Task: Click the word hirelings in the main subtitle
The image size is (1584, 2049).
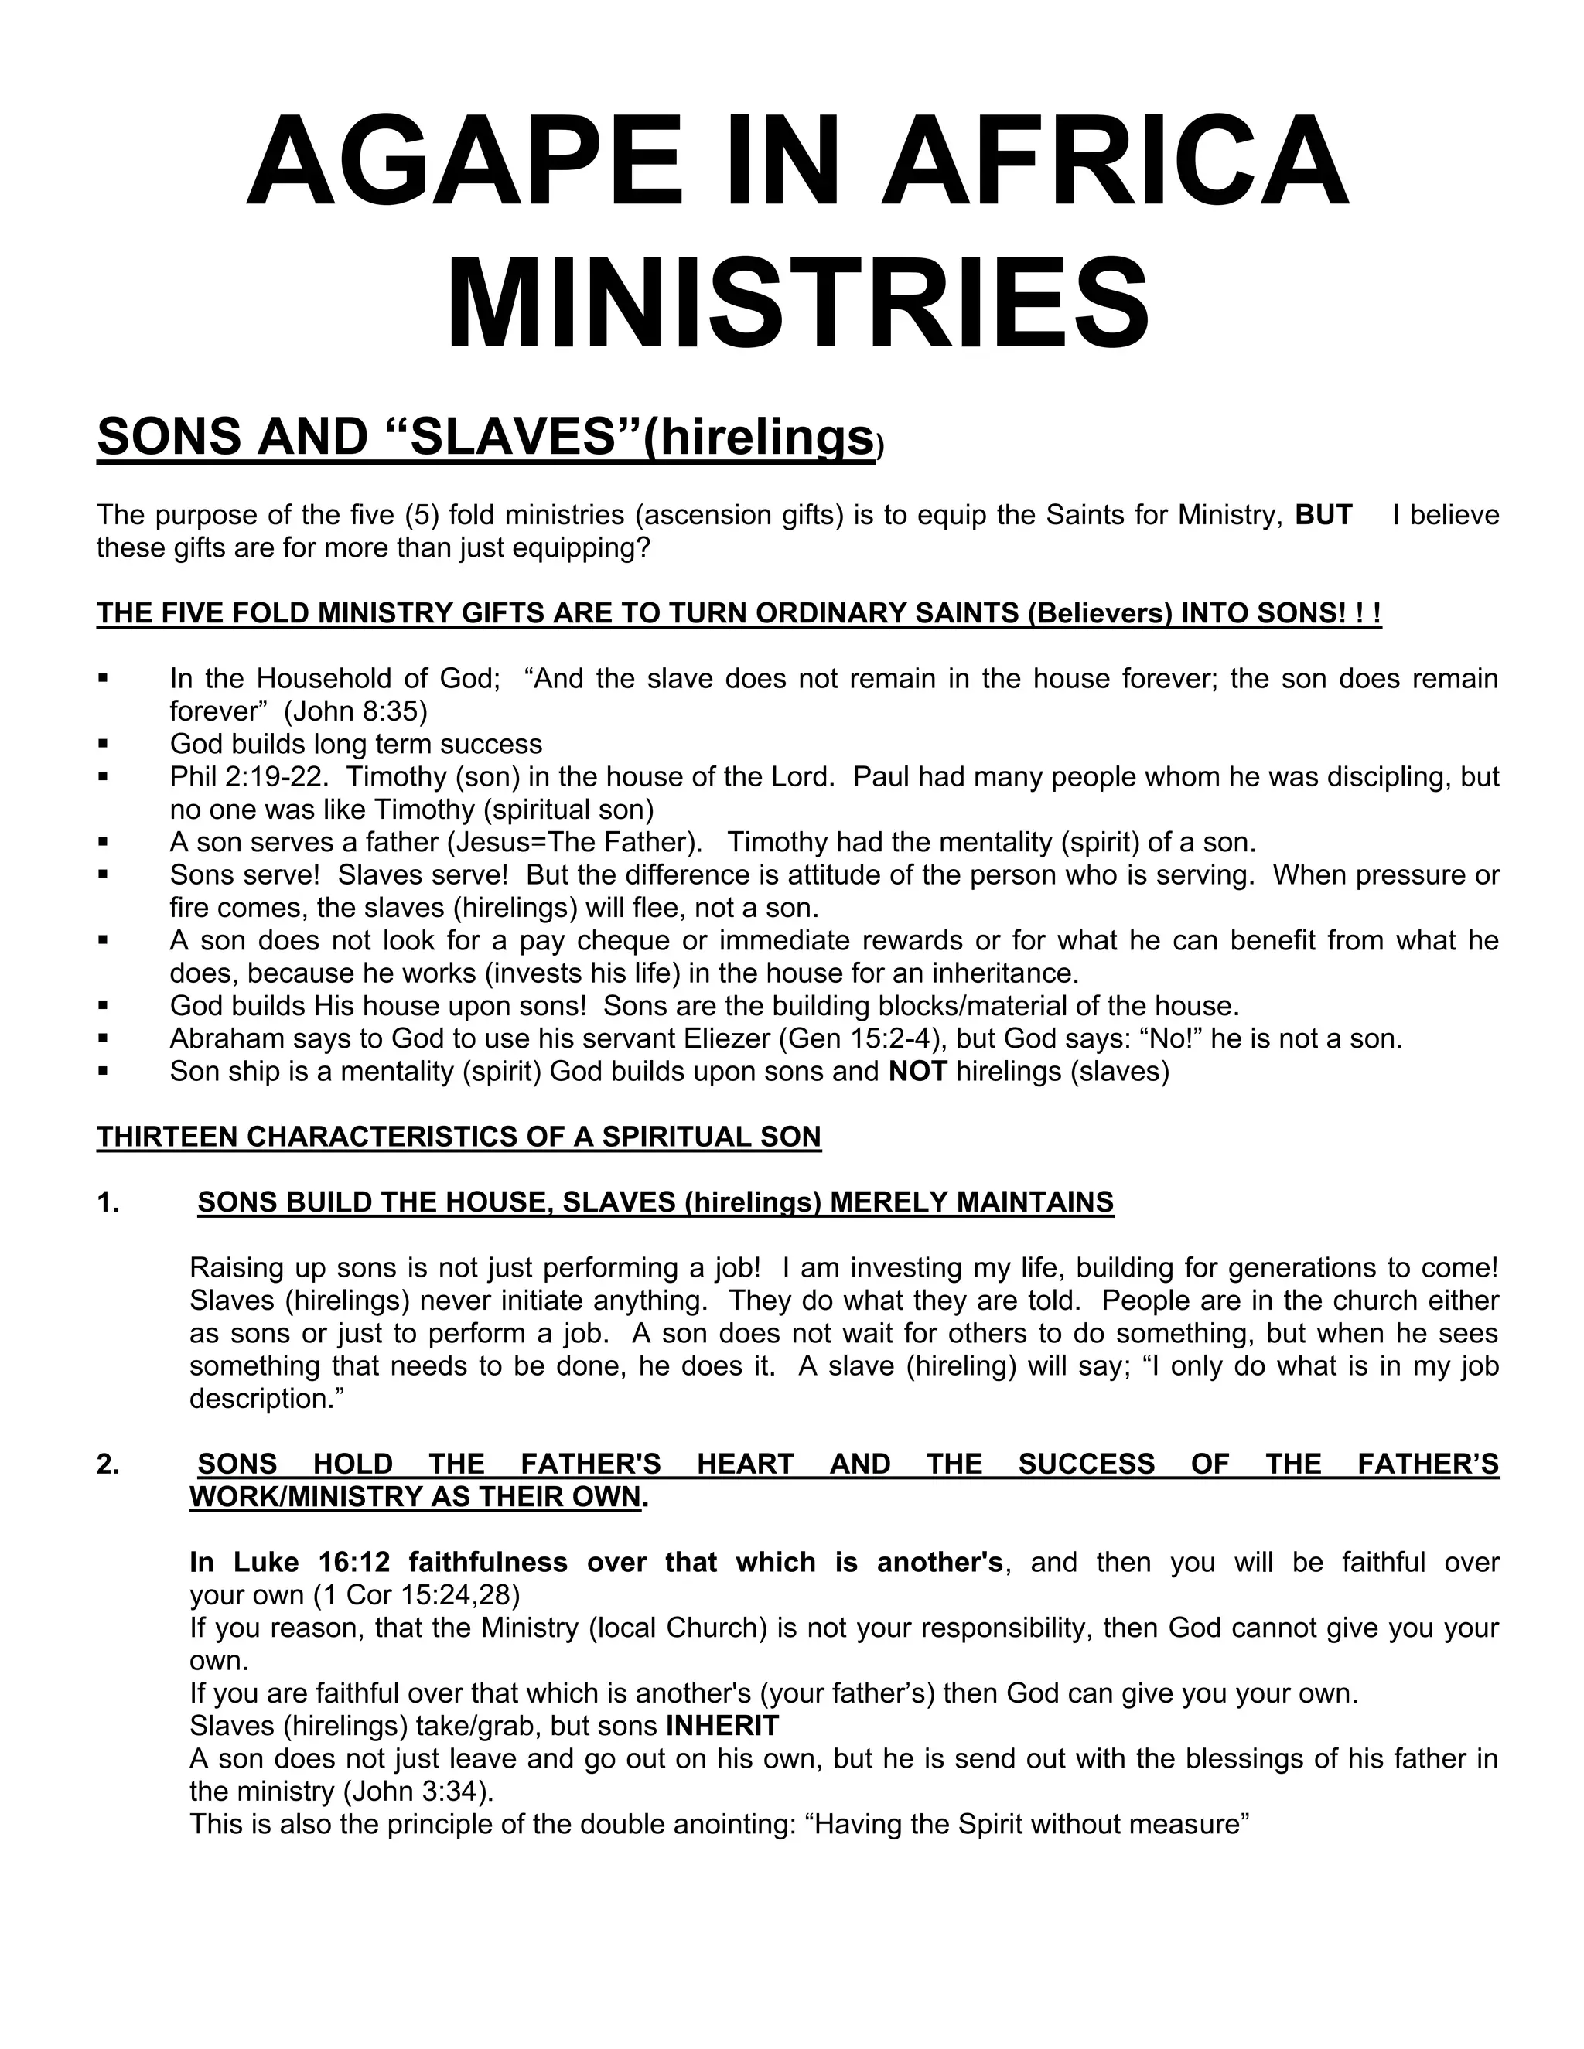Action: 766,437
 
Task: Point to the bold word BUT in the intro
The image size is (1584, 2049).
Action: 1323,515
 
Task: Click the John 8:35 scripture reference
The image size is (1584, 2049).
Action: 357,712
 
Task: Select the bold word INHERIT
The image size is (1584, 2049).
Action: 722,1725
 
